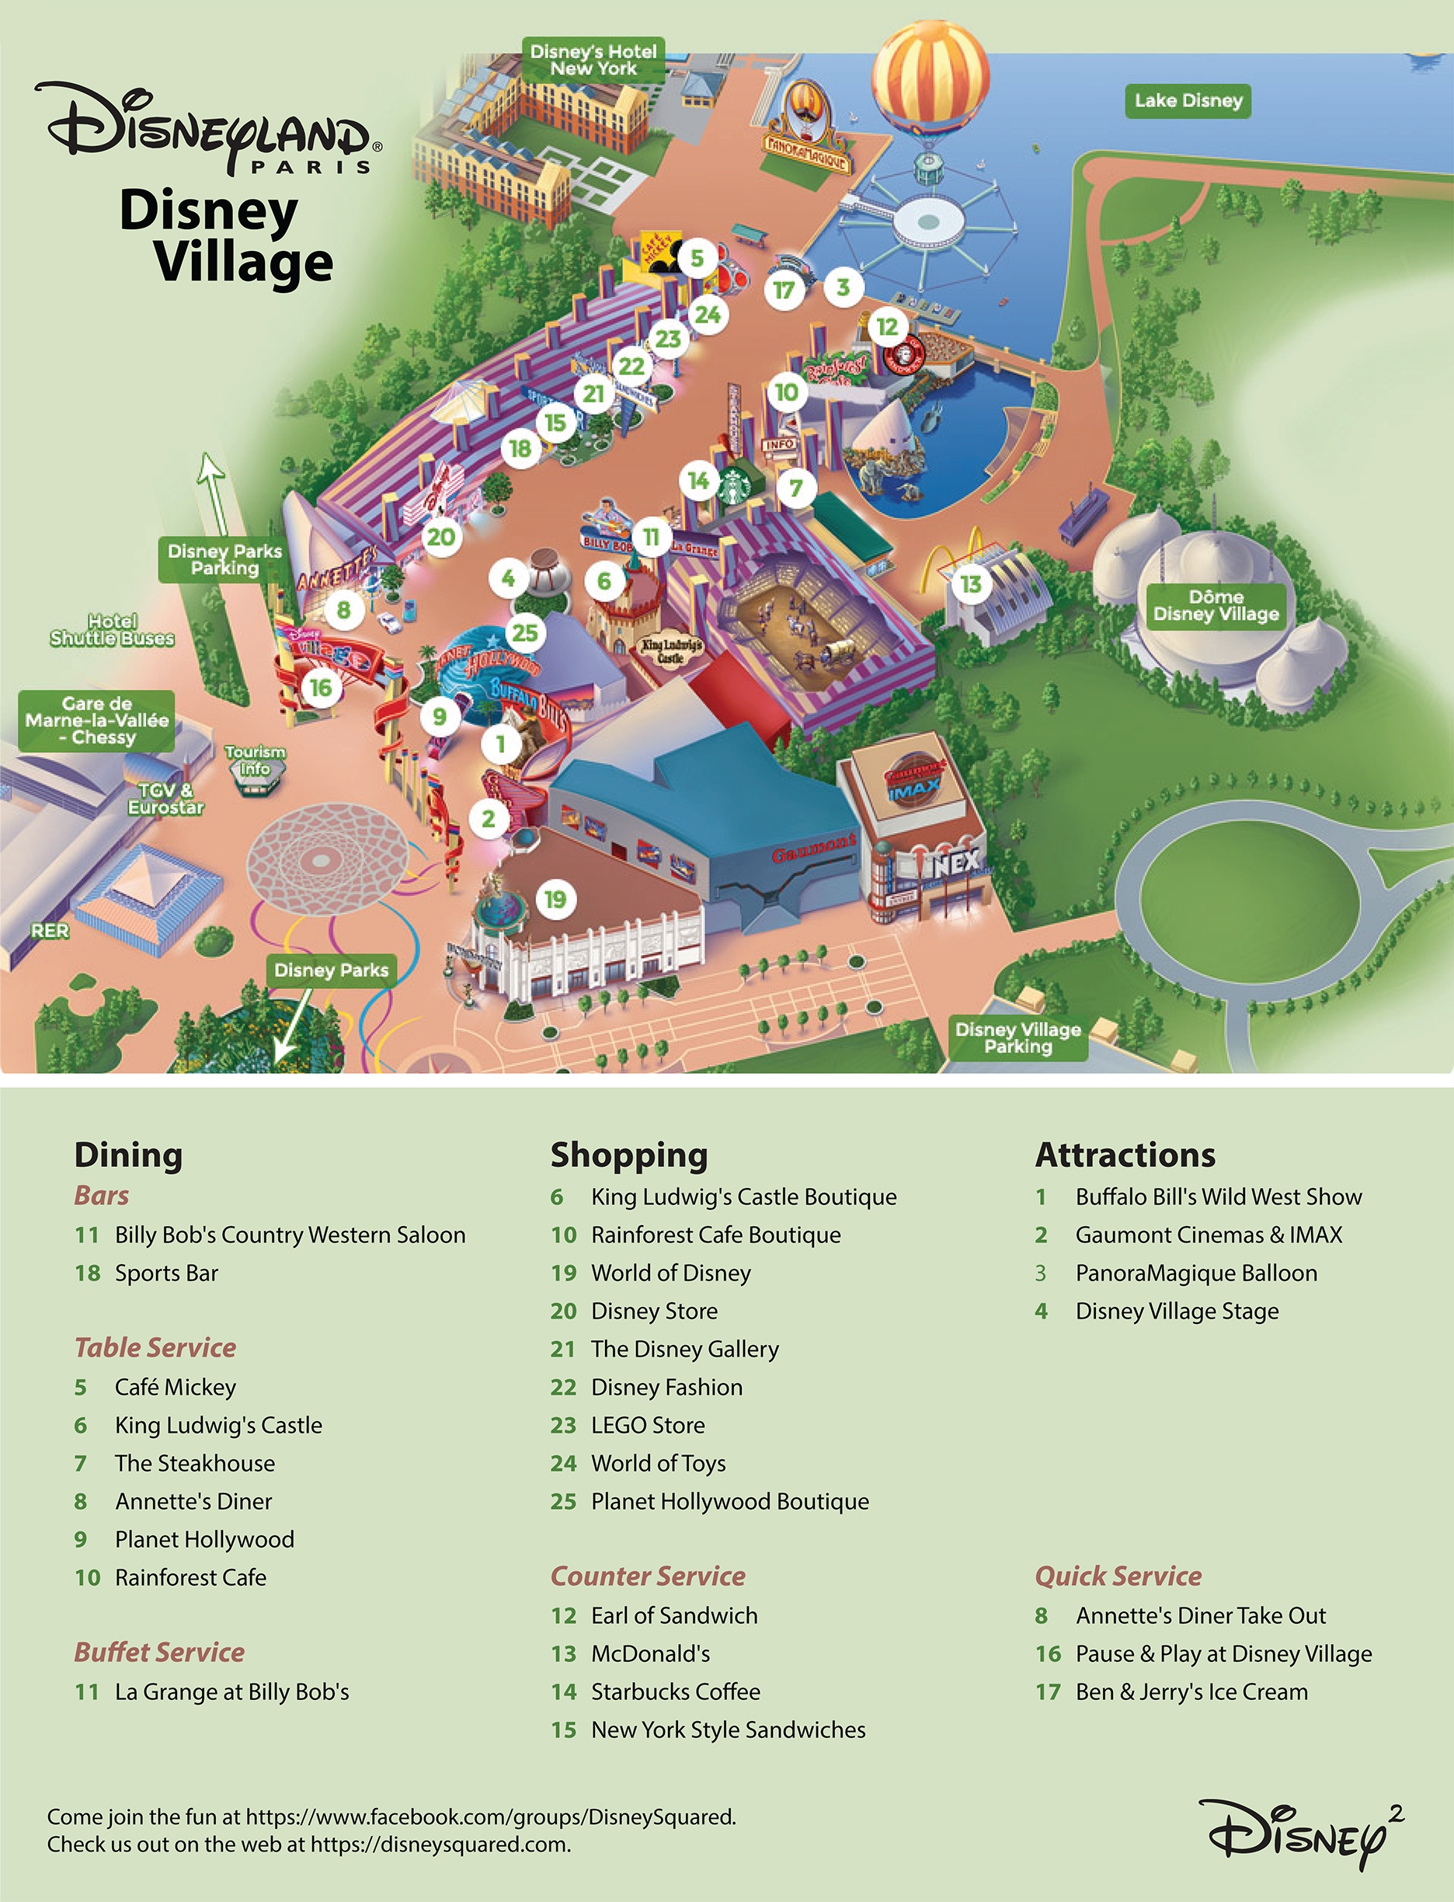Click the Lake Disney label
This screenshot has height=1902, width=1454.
pyautogui.click(x=1188, y=100)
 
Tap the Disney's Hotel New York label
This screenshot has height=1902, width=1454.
pyautogui.click(x=593, y=60)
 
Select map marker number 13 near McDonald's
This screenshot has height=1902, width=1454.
pyautogui.click(x=970, y=584)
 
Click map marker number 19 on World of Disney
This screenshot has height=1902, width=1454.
pyautogui.click(x=555, y=900)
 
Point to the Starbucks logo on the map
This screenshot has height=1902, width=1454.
pyautogui.click(x=734, y=486)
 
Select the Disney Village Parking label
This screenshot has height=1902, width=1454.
pyautogui.click(x=1017, y=1037)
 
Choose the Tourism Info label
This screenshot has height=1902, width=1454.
pyautogui.click(x=255, y=760)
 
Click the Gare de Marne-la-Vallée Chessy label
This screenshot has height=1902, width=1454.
pyautogui.click(x=97, y=720)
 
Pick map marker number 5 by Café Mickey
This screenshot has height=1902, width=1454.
pyautogui.click(x=697, y=258)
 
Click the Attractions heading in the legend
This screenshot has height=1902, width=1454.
pyautogui.click(x=1125, y=1155)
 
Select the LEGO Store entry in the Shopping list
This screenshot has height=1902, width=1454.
pyautogui.click(x=647, y=1425)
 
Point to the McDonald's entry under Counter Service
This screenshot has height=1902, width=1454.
pyautogui.click(x=650, y=1653)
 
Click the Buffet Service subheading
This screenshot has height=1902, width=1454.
pyautogui.click(x=159, y=1652)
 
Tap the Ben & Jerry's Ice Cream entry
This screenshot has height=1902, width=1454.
pyautogui.click(x=1191, y=1691)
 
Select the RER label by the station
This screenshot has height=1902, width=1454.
pyautogui.click(x=50, y=931)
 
